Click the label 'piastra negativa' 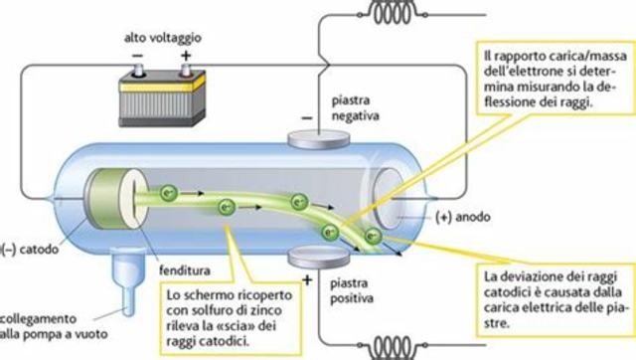tap(357, 109)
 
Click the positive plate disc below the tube tap(311, 259)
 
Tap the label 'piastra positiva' tap(350, 280)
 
